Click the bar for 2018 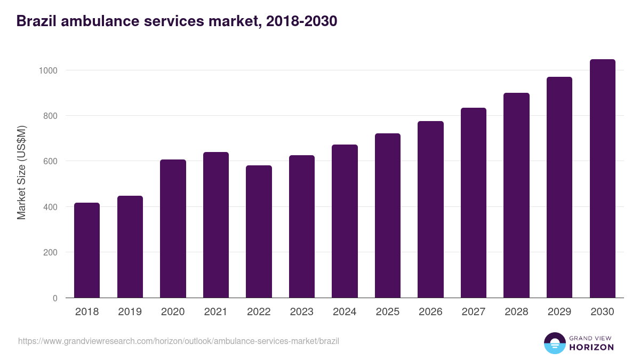tap(87, 250)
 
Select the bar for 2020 tap(173, 229)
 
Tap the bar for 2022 tap(259, 231)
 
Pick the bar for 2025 tap(388, 215)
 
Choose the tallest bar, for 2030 tap(602, 179)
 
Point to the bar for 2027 tap(474, 203)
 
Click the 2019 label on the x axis tap(130, 312)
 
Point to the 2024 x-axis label tap(345, 312)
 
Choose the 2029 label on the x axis tap(559, 312)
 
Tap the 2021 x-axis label tap(216, 312)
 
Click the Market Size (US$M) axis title tap(21, 172)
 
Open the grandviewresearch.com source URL tap(179, 341)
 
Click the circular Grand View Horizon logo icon tap(554, 343)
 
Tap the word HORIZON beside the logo tap(591, 347)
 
